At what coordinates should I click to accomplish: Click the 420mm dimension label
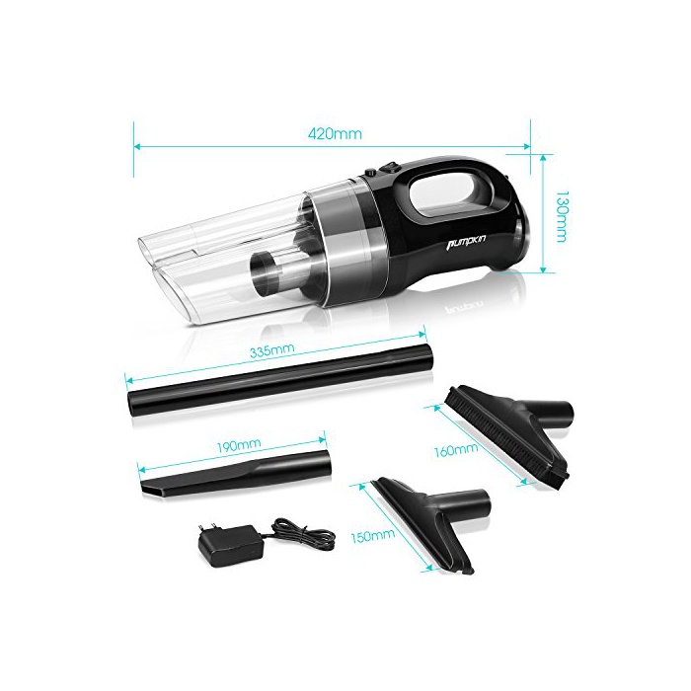pyautogui.click(x=335, y=133)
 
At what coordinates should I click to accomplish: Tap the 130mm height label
pyautogui.click(x=561, y=216)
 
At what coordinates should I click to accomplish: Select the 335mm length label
pyautogui.click(x=271, y=351)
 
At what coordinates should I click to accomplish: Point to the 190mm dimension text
pyautogui.click(x=239, y=444)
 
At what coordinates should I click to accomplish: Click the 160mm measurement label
pyautogui.click(x=456, y=450)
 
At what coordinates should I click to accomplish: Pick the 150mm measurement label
pyautogui.click(x=373, y=535)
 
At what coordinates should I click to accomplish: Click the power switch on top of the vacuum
pyautogui.click(x=391, y=168)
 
